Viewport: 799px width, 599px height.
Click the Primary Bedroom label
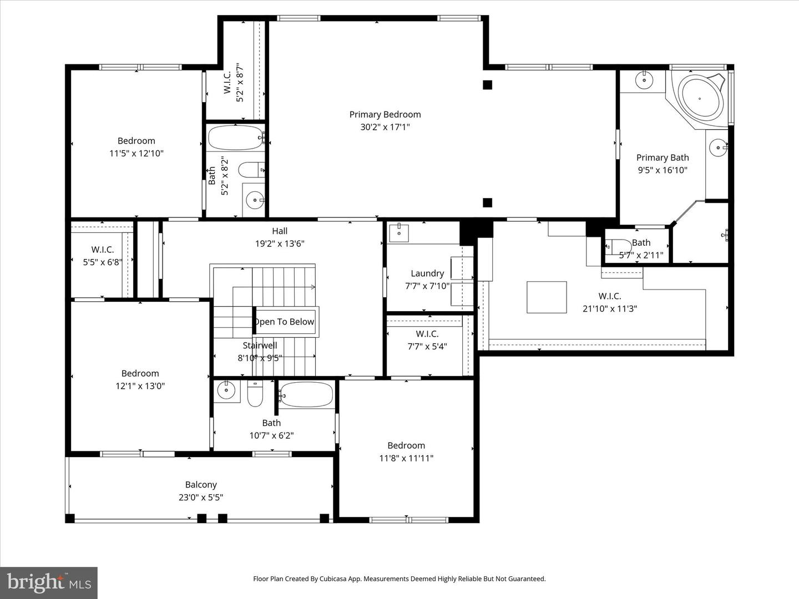point(385,114)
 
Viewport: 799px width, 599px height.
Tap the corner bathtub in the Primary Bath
point(701,98)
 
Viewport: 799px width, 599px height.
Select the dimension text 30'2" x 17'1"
point(385,127)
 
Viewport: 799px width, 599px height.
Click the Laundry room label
point(427,273)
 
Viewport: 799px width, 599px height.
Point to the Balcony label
point(201,485)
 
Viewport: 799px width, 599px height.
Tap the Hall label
point(280,231)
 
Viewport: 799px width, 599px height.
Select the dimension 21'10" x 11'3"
point(609,309)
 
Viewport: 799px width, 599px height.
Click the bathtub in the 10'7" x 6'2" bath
point(306,394)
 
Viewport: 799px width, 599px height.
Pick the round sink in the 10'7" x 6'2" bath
point(226,390)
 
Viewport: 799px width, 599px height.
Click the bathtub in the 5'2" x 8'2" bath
point(235,138)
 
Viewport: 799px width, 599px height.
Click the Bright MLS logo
point(49,582)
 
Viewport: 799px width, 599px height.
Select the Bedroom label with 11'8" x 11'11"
point(406,445)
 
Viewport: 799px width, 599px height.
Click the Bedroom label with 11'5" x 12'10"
point(136,141)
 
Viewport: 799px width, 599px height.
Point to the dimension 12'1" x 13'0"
point(140,386)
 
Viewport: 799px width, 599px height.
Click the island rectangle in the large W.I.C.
point(547,297)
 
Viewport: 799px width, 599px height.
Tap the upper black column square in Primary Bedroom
point(487,85)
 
